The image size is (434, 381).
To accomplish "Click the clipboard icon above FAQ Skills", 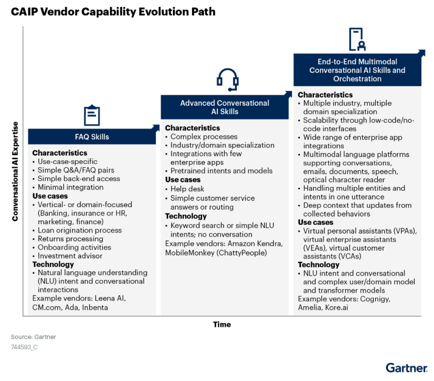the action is [x=92, y=115].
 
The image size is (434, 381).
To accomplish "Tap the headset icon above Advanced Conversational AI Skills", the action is [x=227, y=80].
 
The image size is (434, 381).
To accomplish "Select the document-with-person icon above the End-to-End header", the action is [x=357, y=39].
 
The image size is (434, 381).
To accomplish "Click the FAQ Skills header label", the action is [x=92, y=137].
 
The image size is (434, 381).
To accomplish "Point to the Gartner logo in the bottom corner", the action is [x=406, y=368].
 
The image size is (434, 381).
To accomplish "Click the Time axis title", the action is [x=222, y=325].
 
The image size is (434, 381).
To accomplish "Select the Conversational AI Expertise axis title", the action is [x=15, y=171].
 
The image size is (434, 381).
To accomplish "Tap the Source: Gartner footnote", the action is [x=33, y=337].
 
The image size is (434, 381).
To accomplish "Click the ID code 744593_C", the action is [x=24, y=347].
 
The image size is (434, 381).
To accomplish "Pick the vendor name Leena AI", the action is [x=110, y=298].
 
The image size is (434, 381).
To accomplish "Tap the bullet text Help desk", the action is [x=187, y=189].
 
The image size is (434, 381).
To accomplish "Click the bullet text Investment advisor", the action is [x=70, y=255].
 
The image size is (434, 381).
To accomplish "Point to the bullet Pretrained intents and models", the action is [x=221, y=171].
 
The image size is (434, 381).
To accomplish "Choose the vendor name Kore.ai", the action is [x=337, y=308].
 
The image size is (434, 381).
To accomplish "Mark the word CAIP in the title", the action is [x=24, y=12].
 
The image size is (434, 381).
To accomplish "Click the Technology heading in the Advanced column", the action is [x=186, y=216].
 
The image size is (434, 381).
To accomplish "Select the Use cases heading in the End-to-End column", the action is [x=316, y=222].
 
